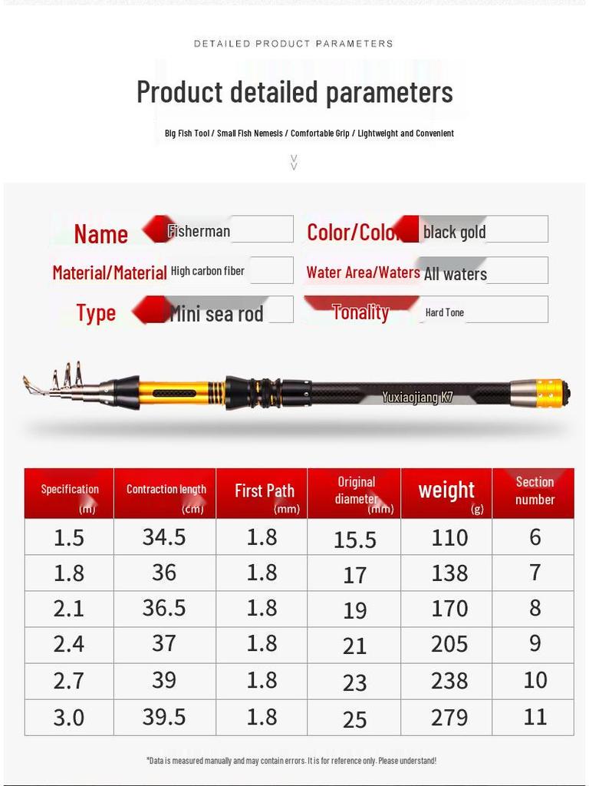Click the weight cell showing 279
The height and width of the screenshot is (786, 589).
click(449, 717)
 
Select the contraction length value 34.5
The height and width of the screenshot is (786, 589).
click(164, 537)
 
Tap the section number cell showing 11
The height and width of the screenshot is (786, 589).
click(535, 716)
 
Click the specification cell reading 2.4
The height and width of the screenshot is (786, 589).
click(68, 644)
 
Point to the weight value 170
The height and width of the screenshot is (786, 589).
click(449, 608)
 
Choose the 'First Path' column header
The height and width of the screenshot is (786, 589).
click(265, 491)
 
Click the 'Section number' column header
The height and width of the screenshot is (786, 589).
click(535, 490)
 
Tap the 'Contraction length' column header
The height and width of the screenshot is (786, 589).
click(166, 490)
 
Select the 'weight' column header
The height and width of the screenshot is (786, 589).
click(446, 490)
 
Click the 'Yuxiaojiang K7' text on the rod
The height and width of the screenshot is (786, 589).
click(418, 398)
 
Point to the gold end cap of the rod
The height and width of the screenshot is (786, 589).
click(549, 393)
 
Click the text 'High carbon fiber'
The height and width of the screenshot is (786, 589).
click(208, 271)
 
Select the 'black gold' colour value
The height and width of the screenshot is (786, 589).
click(454, 232)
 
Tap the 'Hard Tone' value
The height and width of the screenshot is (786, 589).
click(445, 312)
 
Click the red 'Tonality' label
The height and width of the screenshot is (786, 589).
click(360, 312)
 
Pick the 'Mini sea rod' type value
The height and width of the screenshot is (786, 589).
click(216, 313)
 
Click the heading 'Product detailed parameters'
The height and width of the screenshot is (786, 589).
click(294, 92)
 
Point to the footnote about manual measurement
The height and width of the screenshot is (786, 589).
click(291, 761)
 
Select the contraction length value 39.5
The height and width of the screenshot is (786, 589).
click(164, 716)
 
